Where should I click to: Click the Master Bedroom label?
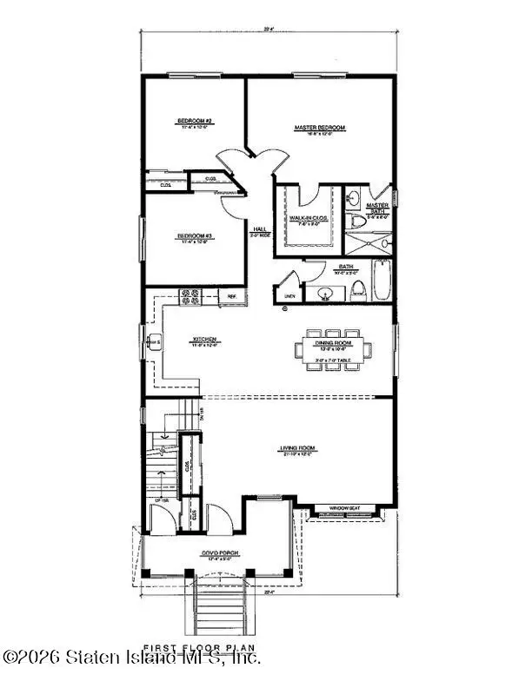tap(319, 128)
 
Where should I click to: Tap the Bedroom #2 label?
tap(196, 121)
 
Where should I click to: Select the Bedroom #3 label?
tap(196, 235)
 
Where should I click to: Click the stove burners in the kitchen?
tap(190, 297)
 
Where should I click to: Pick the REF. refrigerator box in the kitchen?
tap(232, 297)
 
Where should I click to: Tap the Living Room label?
tap(296, 449)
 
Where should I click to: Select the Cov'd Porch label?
tap(204, 552)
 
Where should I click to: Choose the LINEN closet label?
tap(289, 296)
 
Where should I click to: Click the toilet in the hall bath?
tap(356, 290)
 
